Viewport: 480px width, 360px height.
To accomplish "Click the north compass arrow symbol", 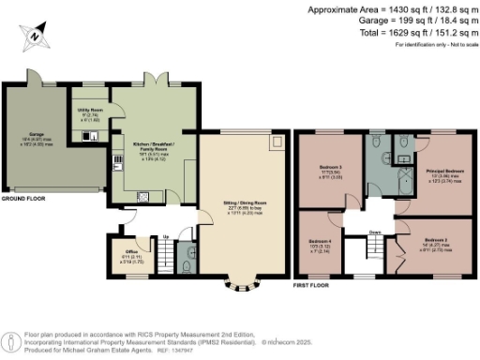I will click(x=35, y=34).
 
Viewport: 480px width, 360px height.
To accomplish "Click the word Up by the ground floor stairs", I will click(x=167, y=236).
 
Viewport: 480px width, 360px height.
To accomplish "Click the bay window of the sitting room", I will click(x=233, y=282).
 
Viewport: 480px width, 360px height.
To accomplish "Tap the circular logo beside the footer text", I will click(x=12, y=339).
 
